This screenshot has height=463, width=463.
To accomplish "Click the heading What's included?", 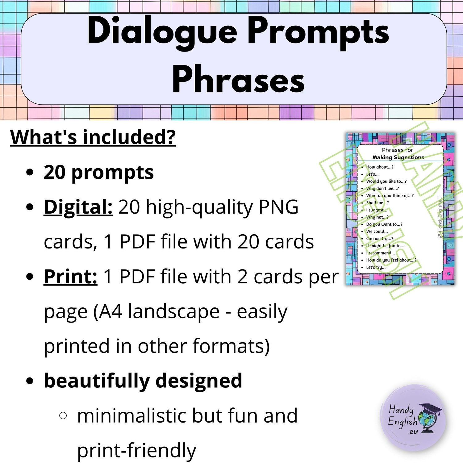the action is pyautogui.click(x=93, y=137).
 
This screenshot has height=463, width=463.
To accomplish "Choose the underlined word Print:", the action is pyautogui.click(x=71, y=276).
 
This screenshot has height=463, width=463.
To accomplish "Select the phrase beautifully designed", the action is pyautogui.click(x=143, y=381).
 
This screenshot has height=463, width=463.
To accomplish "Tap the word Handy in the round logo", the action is pyautogui.click(x=401, y=410).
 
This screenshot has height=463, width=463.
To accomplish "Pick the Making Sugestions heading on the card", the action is pyautogui.click(x=398, y=157).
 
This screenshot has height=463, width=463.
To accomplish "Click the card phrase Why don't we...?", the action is pyautogui.click(x=382, y=188).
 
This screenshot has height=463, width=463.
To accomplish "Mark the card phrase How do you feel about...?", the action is pyautogui.click(x=391, y=260).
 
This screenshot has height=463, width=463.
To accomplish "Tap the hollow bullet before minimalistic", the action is pyautogui.click(x=63, y=415).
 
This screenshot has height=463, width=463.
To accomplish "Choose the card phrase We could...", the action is pyautogui.click(x=377, y=231).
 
